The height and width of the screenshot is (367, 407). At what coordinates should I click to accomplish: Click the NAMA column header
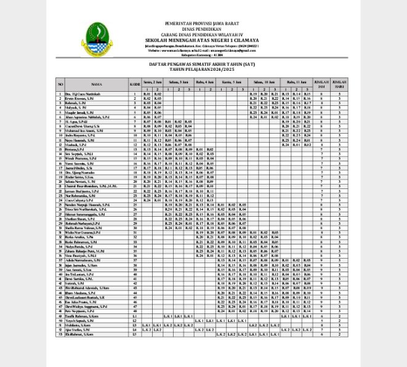coord(97,84)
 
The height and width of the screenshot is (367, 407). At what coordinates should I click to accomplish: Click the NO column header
coord(60,84)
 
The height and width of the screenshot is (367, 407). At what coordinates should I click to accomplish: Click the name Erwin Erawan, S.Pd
coord(78,98)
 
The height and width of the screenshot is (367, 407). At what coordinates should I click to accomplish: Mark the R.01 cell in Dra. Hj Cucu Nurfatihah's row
coord(147,93)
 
